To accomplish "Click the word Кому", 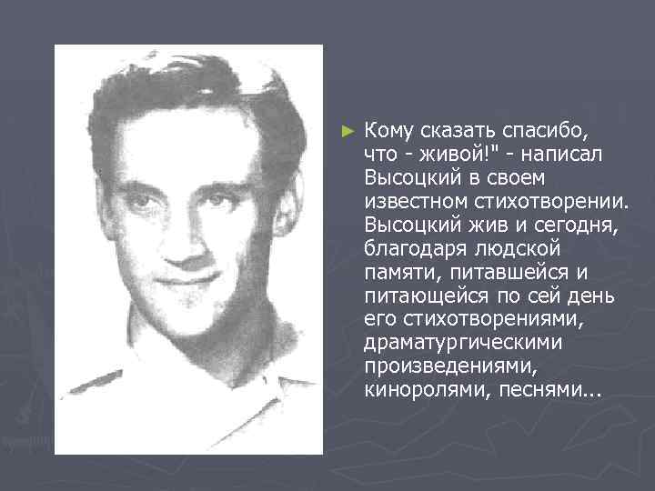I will point(389,130).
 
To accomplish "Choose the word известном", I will point(414,201).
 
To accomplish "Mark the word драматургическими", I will point(463,343).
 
